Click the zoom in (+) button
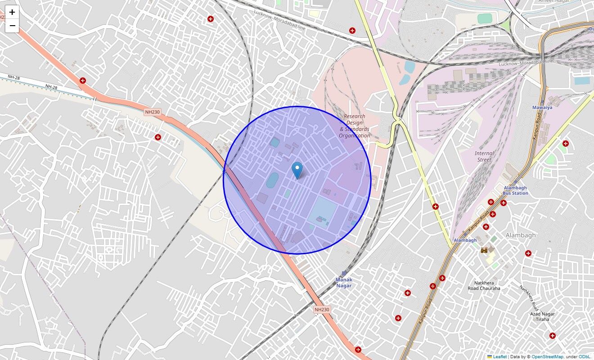[x=12, y=13]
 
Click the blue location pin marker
[x=297, y=171]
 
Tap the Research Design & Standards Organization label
[x=355, y=126]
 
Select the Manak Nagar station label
[x=344, y=283]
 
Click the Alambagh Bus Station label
[x=515, y=190]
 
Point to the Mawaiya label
[x=542, y=108]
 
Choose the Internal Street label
[x=484, y=156]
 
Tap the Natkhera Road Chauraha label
[x=484, y=285]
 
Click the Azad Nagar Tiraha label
[x=542, y=316]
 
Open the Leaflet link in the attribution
[x=499, y=356]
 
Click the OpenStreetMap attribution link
[x=547, y=356]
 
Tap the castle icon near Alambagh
[x=484, y=250]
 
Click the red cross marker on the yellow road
[x=436, y=207]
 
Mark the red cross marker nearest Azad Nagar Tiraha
[x=552, y=336]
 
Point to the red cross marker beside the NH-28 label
[x=83, y=81]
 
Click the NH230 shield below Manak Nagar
[x=322, y=310]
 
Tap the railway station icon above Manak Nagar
[x=344, y=273]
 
